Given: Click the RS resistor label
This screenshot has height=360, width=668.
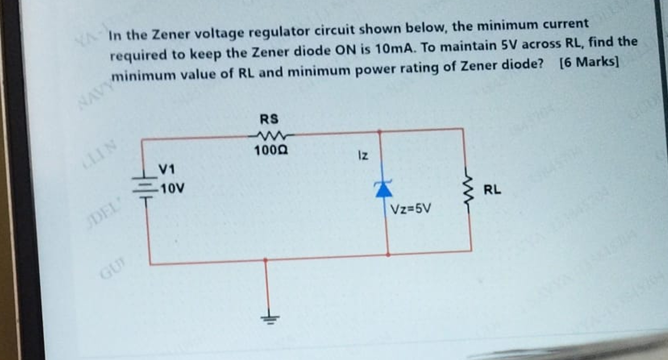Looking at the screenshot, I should pos(269,119).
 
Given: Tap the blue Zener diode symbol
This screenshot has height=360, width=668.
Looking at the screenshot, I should pos(383,189).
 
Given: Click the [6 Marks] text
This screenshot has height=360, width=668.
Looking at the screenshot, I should pos(589,60).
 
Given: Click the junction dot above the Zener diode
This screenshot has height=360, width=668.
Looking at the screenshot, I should pos(379,131).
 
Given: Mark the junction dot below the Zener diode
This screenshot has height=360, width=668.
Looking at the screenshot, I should pos(387,252).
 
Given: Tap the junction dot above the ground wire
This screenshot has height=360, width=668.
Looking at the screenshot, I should pos(265,260).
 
